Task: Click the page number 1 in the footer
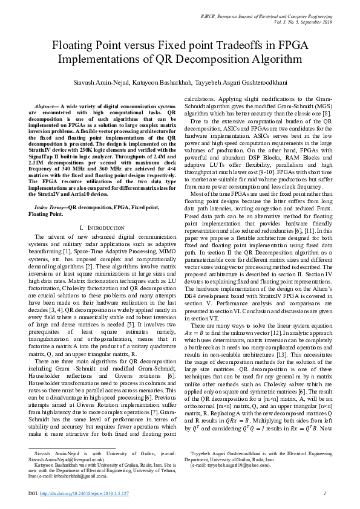click(x=325, y=494)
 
